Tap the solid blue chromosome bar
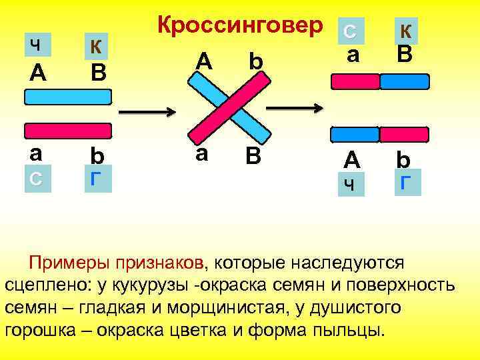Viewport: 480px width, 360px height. coord(68,97)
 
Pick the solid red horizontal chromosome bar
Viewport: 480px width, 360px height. coord(68,131)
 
